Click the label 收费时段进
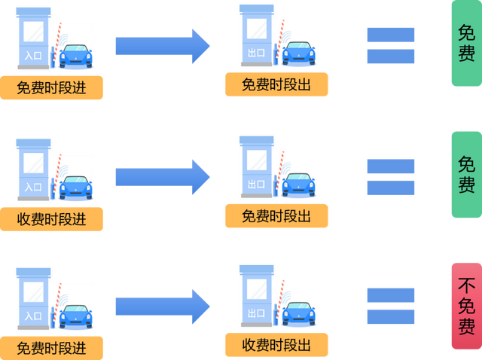pyautogui.click(x=52, y=218)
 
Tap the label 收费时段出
pyautogui.click(x=276, y=345)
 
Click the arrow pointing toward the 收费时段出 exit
pyautogui.click(x=163, y=306)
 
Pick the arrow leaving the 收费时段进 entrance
pyautogui.click(x=163, y=176)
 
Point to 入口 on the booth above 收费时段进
pyautogui.click(x=33, y=186)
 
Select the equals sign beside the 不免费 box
pyautogui.click(x=391, y=306)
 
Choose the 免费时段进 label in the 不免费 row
pyautogui.click(x=52, y=348)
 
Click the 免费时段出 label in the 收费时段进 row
pyautogui.click(x=276, y=216)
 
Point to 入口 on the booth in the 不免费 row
pyautogui.click(x=33, y=315)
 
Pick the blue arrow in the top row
pyautogui.click(x=163, y=46)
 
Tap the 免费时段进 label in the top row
pyautogui.click(x=52, y=87)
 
